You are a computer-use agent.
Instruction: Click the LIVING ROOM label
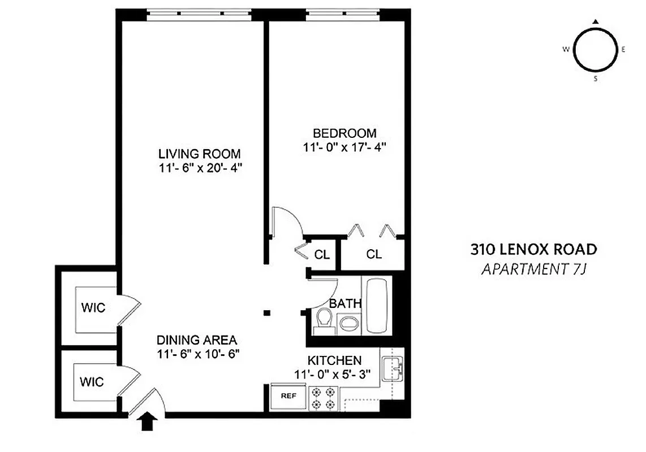point(199,154)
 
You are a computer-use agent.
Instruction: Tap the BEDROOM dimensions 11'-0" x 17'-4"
point(344,147)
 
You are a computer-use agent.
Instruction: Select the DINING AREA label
point(196,340)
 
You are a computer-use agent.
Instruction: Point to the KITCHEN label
point(334,360)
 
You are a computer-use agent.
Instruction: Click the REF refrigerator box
point(288,396)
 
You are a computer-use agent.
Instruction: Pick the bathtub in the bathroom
point(377,305)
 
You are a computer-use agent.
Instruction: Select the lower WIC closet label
point(92,382)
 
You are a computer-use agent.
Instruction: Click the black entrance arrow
point(148,421)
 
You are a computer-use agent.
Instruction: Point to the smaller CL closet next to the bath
point(322,254)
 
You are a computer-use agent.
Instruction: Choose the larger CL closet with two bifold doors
point(374,254)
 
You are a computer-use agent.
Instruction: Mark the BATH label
point(345,303)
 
